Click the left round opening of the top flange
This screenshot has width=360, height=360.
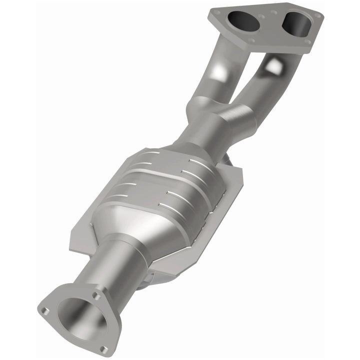(x=241, y=18)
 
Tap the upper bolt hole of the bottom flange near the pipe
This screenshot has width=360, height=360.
(x=96, y=295)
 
